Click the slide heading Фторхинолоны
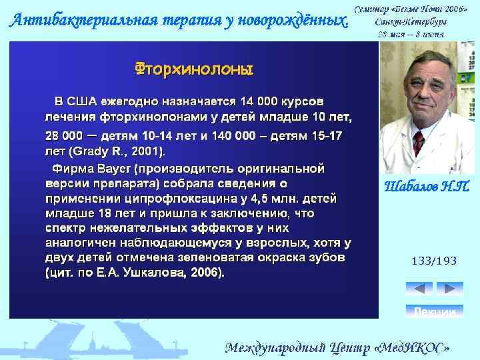click(x=194, y=69)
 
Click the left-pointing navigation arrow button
click(x=419, y=289)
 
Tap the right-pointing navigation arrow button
click(x=450, y=289)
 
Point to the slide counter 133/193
click(x=434, y=261)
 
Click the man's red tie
click(x=419, y=144)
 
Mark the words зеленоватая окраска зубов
click(x=264, y=257)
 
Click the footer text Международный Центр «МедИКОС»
click(x=341, y=347)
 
